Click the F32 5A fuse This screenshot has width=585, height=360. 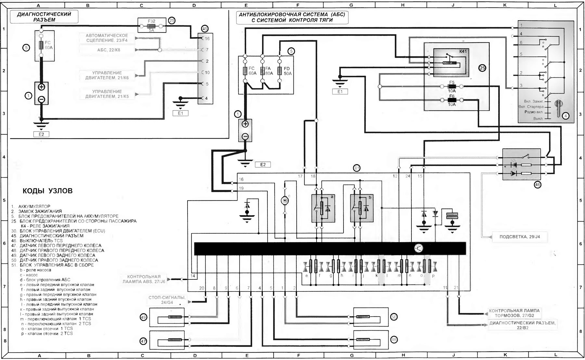click(152, 25)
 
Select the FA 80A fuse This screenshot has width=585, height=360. click(263, 71)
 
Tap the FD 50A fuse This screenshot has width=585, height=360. click(279, 71)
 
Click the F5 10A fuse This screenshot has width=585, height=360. click(452, 87)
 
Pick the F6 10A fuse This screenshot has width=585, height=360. click(452, 100)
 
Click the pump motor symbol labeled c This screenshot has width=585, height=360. click(285, 201)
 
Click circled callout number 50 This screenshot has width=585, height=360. click(394, 317)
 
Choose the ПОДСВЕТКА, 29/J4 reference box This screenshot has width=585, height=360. click(519, 237)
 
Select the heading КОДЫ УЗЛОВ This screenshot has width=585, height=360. click(47, 191)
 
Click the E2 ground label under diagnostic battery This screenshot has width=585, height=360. click(41, 134)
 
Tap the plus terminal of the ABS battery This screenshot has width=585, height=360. click(245, 124)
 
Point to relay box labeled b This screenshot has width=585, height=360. click(361, 208)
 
